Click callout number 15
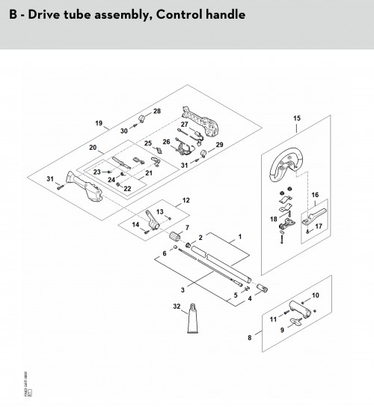tap(297, 118)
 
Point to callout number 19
tap(98, 122)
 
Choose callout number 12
tap(186, 200)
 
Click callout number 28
tap(156, 111)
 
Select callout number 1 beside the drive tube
tap(239, 236)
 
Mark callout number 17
tap(319, 226)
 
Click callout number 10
tap(315, 295)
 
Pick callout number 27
tap(184, 124)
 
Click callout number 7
tap(188, 227)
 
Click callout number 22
tap(127, 188)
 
